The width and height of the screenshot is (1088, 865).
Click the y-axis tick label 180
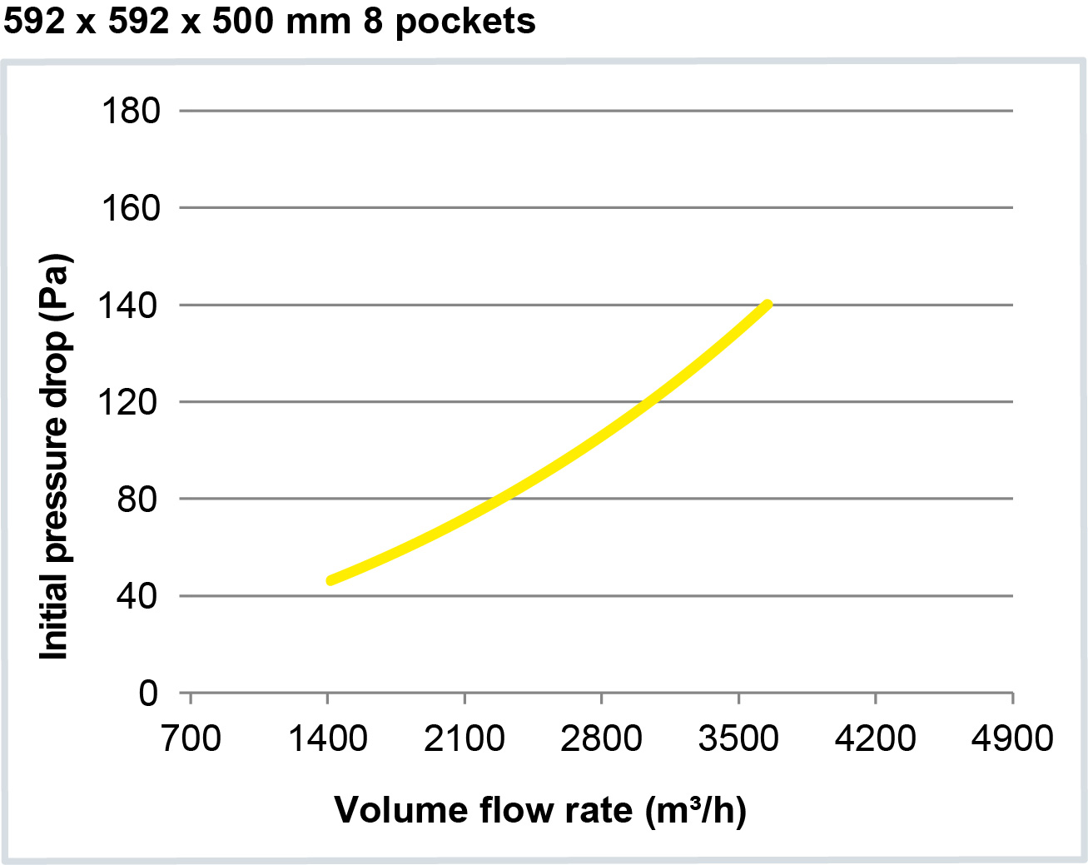click(x=130, y=111)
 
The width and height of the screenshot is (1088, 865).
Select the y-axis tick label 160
click(x=130, y=208)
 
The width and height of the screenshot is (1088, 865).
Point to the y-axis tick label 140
click(x=128, y=306)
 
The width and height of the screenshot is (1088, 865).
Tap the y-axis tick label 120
click(x=128, y=402)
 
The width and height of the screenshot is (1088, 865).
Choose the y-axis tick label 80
click(x=137, y=500)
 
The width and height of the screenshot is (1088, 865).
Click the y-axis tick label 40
click(x=137, y=596)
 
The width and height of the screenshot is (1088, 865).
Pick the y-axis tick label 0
click(x=148, y=693)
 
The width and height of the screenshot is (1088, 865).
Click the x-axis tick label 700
click(x=191, y=738)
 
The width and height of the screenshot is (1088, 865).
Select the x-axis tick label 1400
click(x=327, y=738)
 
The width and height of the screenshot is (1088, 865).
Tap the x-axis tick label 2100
click(x=465, y=738)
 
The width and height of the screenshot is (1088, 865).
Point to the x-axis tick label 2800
click(x=601, y=738)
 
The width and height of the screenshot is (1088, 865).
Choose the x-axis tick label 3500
click(x=738, y=738)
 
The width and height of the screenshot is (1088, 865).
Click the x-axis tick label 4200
click(x=875, y=738)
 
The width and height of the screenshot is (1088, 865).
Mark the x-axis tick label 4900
click(x=1012, y=738)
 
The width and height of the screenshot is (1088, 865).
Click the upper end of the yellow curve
click(x=768, y=305)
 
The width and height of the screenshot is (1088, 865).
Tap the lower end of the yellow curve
click(x=330, y=580)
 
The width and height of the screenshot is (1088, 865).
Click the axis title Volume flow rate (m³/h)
click(x=540, y=810)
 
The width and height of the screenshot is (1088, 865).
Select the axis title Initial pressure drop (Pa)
click(x=54, y=457)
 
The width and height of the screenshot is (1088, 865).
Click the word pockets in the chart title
click(x=465, y=22)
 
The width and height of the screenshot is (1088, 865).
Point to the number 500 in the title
click(x=244, y=21)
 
